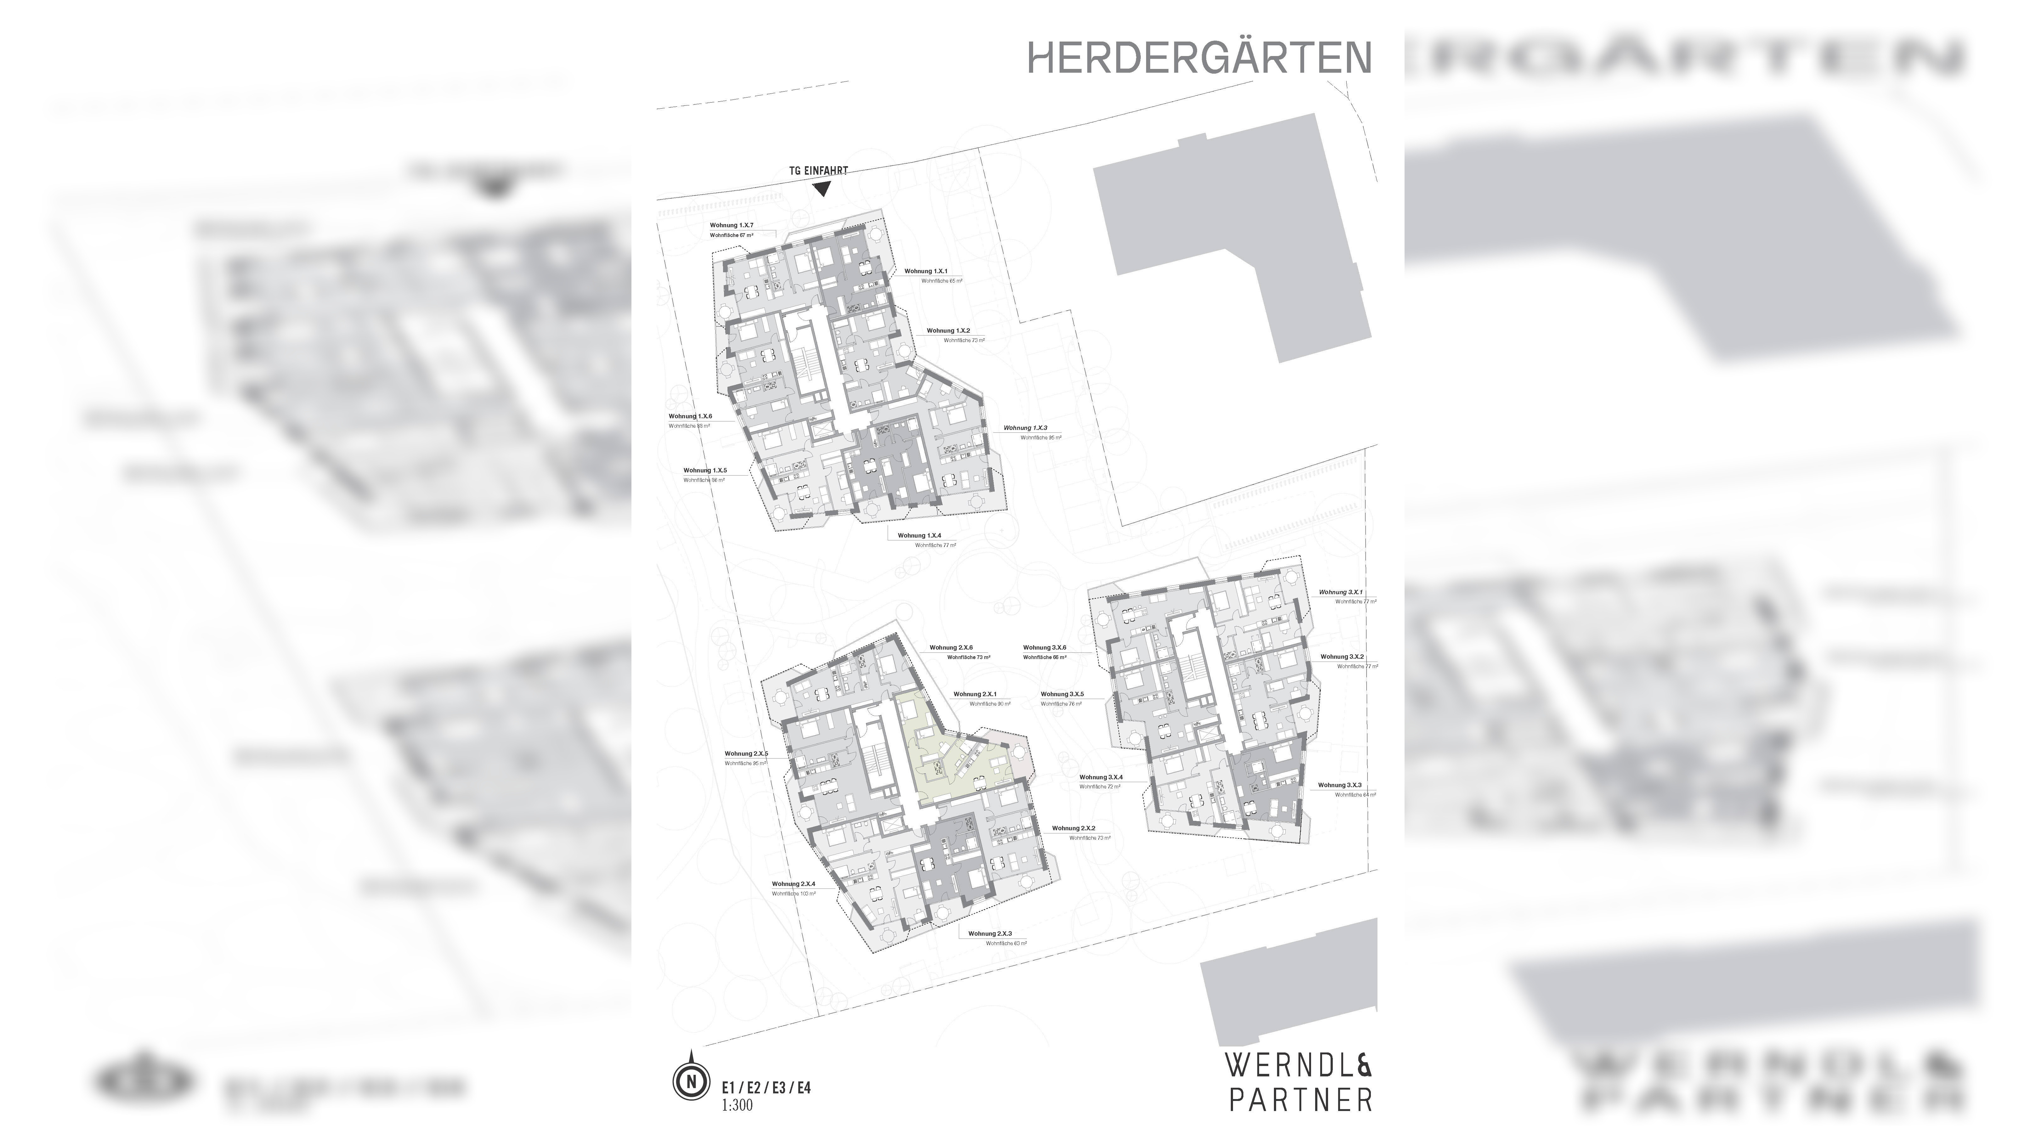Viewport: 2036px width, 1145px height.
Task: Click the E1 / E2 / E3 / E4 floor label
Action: (x=766, y=1088)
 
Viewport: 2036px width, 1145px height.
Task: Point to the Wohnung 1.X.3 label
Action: (x=1025, y=427)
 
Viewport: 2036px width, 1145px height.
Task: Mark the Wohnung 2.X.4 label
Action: (x=794, y=884)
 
